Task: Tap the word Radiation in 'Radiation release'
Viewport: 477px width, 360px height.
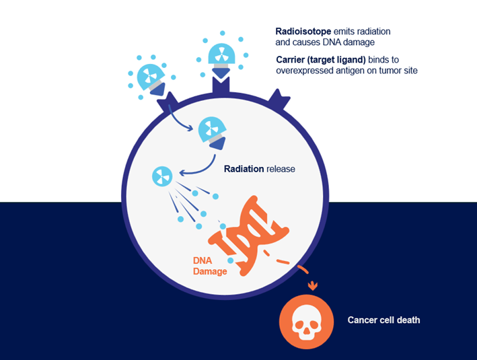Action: coord(244,169)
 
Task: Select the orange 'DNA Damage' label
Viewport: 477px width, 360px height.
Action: coord(210,266)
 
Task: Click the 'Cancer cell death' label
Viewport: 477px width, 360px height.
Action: coord(383,320)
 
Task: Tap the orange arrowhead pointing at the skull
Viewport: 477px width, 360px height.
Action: coord(311,287)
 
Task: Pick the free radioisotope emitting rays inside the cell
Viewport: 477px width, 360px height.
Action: coord(162,176)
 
